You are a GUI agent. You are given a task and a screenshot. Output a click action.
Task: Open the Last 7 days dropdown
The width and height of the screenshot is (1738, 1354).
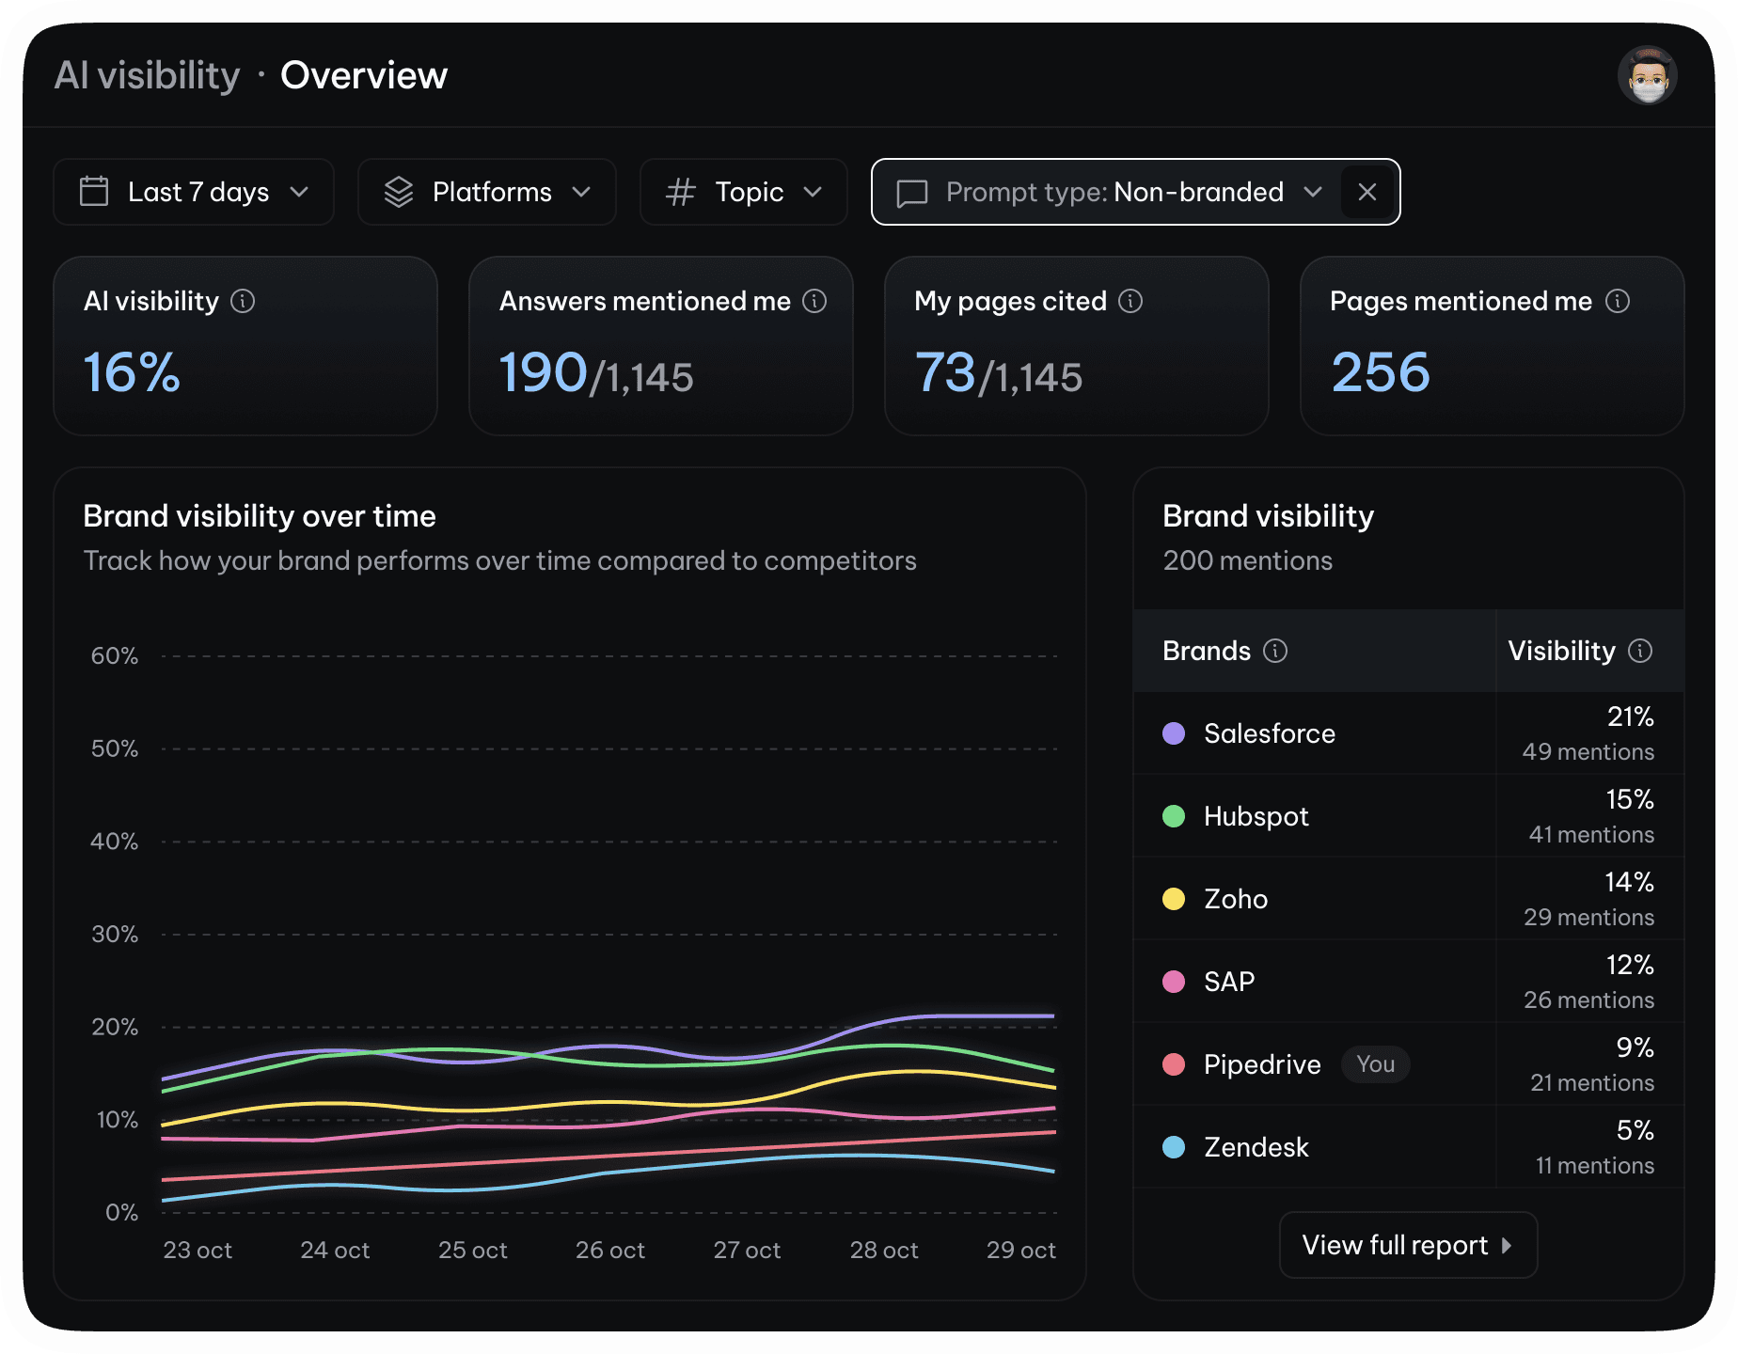194,192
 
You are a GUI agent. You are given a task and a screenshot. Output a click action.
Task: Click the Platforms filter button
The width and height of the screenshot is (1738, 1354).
487,192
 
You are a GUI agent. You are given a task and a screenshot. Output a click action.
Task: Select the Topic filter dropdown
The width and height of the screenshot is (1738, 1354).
743,192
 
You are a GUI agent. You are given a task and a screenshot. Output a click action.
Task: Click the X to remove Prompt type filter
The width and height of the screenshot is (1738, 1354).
1367,192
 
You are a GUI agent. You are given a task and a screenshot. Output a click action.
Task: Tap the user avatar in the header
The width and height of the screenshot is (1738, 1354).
1648,75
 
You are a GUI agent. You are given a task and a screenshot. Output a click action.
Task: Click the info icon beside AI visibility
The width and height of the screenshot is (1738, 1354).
243,301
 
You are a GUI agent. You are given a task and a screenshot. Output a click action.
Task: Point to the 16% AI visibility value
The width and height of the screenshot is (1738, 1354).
132,372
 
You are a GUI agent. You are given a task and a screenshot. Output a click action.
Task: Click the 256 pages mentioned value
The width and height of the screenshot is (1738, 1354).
1381,372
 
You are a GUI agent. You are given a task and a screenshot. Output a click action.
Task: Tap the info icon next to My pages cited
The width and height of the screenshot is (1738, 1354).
1130,301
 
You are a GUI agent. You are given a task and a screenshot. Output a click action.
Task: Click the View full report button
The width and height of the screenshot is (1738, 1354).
1408,1245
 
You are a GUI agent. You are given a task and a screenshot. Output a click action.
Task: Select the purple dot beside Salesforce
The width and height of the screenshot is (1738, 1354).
1174,733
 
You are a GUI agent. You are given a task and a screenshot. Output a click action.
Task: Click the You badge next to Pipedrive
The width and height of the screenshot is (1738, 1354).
1375,1064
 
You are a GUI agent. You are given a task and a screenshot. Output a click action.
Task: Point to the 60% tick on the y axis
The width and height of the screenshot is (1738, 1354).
115,656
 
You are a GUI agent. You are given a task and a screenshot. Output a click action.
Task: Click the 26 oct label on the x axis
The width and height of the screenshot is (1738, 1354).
610,1251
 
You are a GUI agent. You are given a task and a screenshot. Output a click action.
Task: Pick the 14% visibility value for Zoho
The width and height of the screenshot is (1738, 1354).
1629,882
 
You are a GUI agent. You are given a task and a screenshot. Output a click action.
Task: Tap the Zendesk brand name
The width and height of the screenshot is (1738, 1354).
1256,1147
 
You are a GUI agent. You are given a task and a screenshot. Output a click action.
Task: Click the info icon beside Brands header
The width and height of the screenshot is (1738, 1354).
1275,651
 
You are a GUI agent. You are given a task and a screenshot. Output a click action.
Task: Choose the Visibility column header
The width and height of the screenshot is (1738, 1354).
1562,651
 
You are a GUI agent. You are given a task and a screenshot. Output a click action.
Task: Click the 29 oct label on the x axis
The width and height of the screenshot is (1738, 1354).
1020,1251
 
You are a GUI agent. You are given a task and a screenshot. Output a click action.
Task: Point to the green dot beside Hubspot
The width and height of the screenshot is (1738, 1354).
1174,816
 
